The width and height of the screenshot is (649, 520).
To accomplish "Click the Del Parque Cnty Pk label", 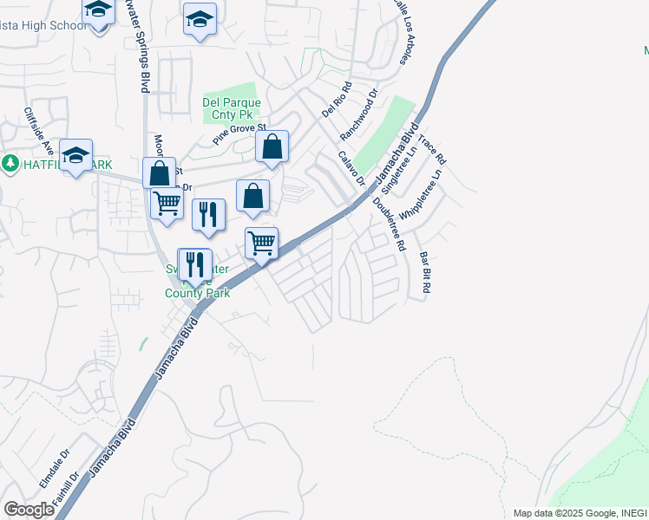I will click(231, 108).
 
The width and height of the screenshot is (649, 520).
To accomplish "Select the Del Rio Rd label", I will click(337, 100).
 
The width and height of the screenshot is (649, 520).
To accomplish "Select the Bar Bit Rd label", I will click(424, 273).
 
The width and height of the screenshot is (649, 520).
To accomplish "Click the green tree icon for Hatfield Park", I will click(10, 163).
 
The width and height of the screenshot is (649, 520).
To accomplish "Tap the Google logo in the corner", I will click(29, 510).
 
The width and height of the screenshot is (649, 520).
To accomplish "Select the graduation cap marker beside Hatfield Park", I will click(76, 156).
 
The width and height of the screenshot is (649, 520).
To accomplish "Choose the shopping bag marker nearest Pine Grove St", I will click(272, 147).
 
